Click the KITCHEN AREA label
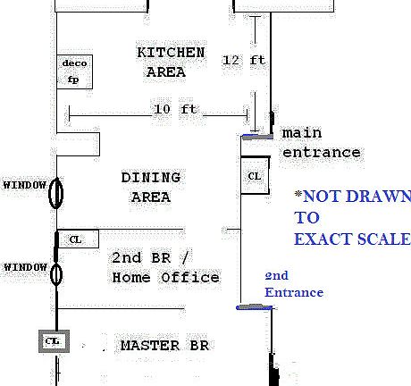click(171, 63)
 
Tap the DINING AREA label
click(151, 188)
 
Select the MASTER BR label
click(164, 346)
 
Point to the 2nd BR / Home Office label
click(165, 267)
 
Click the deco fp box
click(74, 71)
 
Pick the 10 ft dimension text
click(175, 109)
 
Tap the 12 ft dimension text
click(244, 60)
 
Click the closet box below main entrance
click(255, 176)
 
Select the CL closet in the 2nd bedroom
click(78, 239)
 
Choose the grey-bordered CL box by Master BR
click(54, 341)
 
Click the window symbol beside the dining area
click(55, 193)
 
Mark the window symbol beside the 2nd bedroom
click(56, 274)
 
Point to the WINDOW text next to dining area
click(25, 185)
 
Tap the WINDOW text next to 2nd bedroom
click(26, 267)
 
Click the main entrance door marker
click(257, 137)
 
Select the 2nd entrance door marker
click(254, 307)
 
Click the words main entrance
click(321, 143)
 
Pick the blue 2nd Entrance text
click(294, 284)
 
